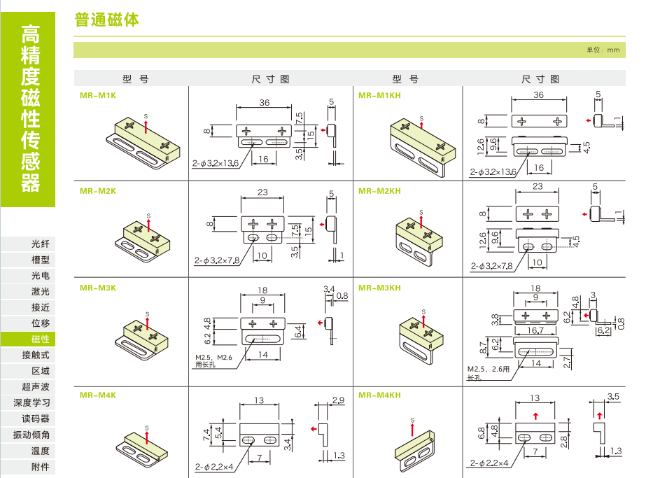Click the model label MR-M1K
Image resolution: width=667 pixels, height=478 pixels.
point(98,94)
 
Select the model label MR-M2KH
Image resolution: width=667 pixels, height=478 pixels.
point(379,191)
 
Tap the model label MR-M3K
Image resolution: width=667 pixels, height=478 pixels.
point(98,287)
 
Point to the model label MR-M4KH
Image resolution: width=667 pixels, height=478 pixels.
point(379,395)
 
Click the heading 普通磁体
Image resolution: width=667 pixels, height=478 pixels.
point(107,20)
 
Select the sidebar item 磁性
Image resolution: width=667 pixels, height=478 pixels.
point(41,339)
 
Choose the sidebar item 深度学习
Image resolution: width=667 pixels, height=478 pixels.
point(31,402)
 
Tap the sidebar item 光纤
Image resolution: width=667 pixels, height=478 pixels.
point(41,244)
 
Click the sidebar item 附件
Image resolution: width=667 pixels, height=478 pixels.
point(41,467)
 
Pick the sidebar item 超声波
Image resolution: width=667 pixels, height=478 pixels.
point(36,386)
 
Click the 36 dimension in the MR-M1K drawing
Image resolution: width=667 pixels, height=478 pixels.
point(264,103)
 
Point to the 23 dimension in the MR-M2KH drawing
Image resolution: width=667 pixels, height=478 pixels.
point(538,186)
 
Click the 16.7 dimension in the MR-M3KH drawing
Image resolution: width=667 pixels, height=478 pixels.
point(535,330)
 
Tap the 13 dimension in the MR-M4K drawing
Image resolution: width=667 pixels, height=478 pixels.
point(259,400)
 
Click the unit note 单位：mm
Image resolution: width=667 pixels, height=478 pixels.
point(603,50)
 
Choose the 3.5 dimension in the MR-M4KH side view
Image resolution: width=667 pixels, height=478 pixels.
point(614,396)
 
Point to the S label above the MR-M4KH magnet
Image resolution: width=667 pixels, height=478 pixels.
point(412,420)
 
